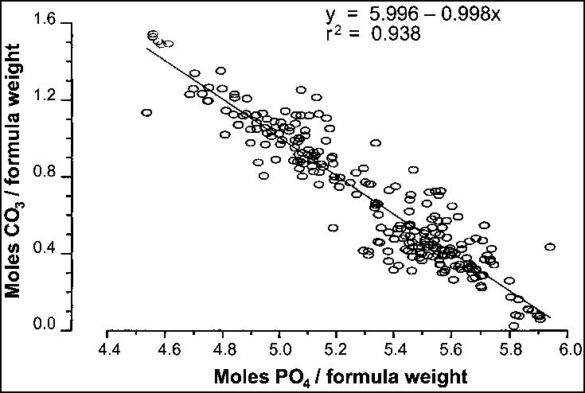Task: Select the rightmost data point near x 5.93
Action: tap(549, 247)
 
